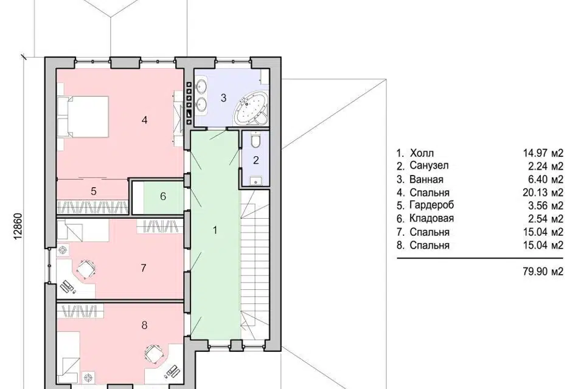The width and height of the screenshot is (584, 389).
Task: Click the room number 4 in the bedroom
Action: coord(145,120)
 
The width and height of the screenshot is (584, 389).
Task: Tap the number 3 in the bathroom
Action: coord(223,98)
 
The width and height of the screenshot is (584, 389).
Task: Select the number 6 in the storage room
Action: coord(163,196)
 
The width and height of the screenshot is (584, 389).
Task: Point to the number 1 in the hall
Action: coord(215,230)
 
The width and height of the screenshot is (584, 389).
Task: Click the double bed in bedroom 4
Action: coord(83,117)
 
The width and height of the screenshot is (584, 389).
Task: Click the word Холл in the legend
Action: coord(422,153)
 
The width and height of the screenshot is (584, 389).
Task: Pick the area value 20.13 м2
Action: coord(543,193)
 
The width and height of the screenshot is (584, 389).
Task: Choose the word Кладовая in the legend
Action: coord(431,218)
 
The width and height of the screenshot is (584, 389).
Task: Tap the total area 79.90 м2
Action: coord(543,272)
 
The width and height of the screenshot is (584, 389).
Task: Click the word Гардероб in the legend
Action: coord(432,205)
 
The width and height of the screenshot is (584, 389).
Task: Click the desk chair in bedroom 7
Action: coord(86,269)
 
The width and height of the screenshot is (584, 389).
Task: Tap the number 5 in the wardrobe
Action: coord(94,191)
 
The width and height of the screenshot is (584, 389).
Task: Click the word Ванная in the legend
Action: coord(426,179)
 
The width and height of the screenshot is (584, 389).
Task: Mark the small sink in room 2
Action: coord(255,181)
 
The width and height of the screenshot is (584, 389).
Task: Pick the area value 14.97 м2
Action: coord(543,153)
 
